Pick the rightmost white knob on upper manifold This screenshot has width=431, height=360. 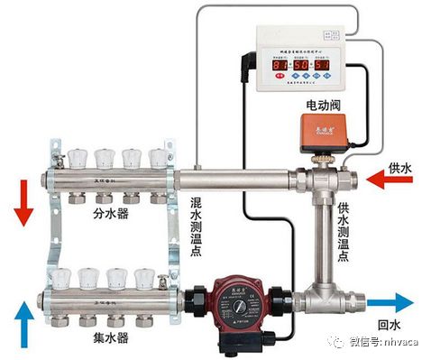pos(158,161)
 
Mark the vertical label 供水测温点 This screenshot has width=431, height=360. pos(343,231)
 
